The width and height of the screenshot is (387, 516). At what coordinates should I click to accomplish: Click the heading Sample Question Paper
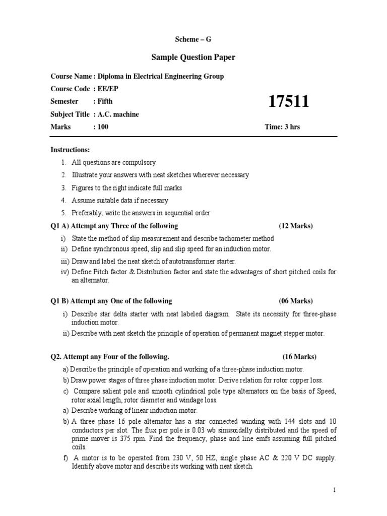click(193, 57)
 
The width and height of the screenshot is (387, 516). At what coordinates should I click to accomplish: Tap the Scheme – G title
click(193, 39)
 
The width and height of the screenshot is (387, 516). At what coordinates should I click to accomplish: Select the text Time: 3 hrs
click(282, 127)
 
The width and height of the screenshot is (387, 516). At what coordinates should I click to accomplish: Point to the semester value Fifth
click(105, 101)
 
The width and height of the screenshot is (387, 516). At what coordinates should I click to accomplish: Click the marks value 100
click(103, 127)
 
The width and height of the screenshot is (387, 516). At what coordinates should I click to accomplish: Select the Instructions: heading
click(70, 150)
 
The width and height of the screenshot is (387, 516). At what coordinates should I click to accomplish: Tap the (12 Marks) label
click(295, 226)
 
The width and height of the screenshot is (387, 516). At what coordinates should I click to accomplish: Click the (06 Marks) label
click(295, 301)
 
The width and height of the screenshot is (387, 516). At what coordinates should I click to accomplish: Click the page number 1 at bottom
click(334, 490)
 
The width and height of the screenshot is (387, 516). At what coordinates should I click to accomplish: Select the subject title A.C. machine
click(118, 114)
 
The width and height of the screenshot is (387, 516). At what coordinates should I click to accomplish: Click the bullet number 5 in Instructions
click(64, 213)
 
